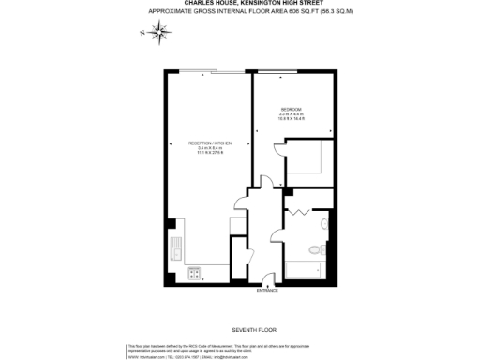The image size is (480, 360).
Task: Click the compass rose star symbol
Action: point(162,34)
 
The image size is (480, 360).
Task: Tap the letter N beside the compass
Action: point(142,34)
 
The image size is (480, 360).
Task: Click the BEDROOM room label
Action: point(291,110)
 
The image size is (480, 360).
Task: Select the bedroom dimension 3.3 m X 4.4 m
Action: point(292,115)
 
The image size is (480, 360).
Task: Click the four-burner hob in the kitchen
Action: point(195,274)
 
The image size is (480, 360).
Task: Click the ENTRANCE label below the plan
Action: point(267,292)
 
